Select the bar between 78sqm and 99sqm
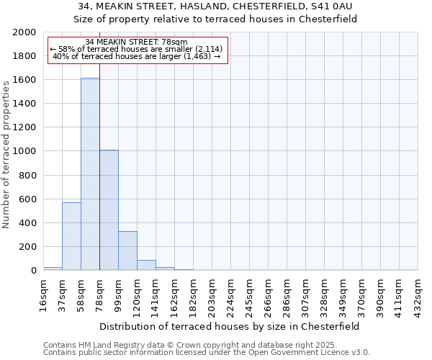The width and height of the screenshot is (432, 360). point(109,210)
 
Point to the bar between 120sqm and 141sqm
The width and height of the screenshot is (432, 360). point(146,265)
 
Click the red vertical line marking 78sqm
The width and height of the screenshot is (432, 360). point(99,180)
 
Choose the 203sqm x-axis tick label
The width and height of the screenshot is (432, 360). point(212,295)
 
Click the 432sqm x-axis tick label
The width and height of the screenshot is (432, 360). point(418,295)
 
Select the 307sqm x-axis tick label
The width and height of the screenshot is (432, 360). point(306,295)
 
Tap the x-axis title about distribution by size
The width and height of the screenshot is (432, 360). point(230,326)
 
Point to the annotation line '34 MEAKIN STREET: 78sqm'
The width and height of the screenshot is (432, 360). point(136,42)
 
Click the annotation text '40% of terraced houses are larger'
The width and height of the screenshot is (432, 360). point(136,56)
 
